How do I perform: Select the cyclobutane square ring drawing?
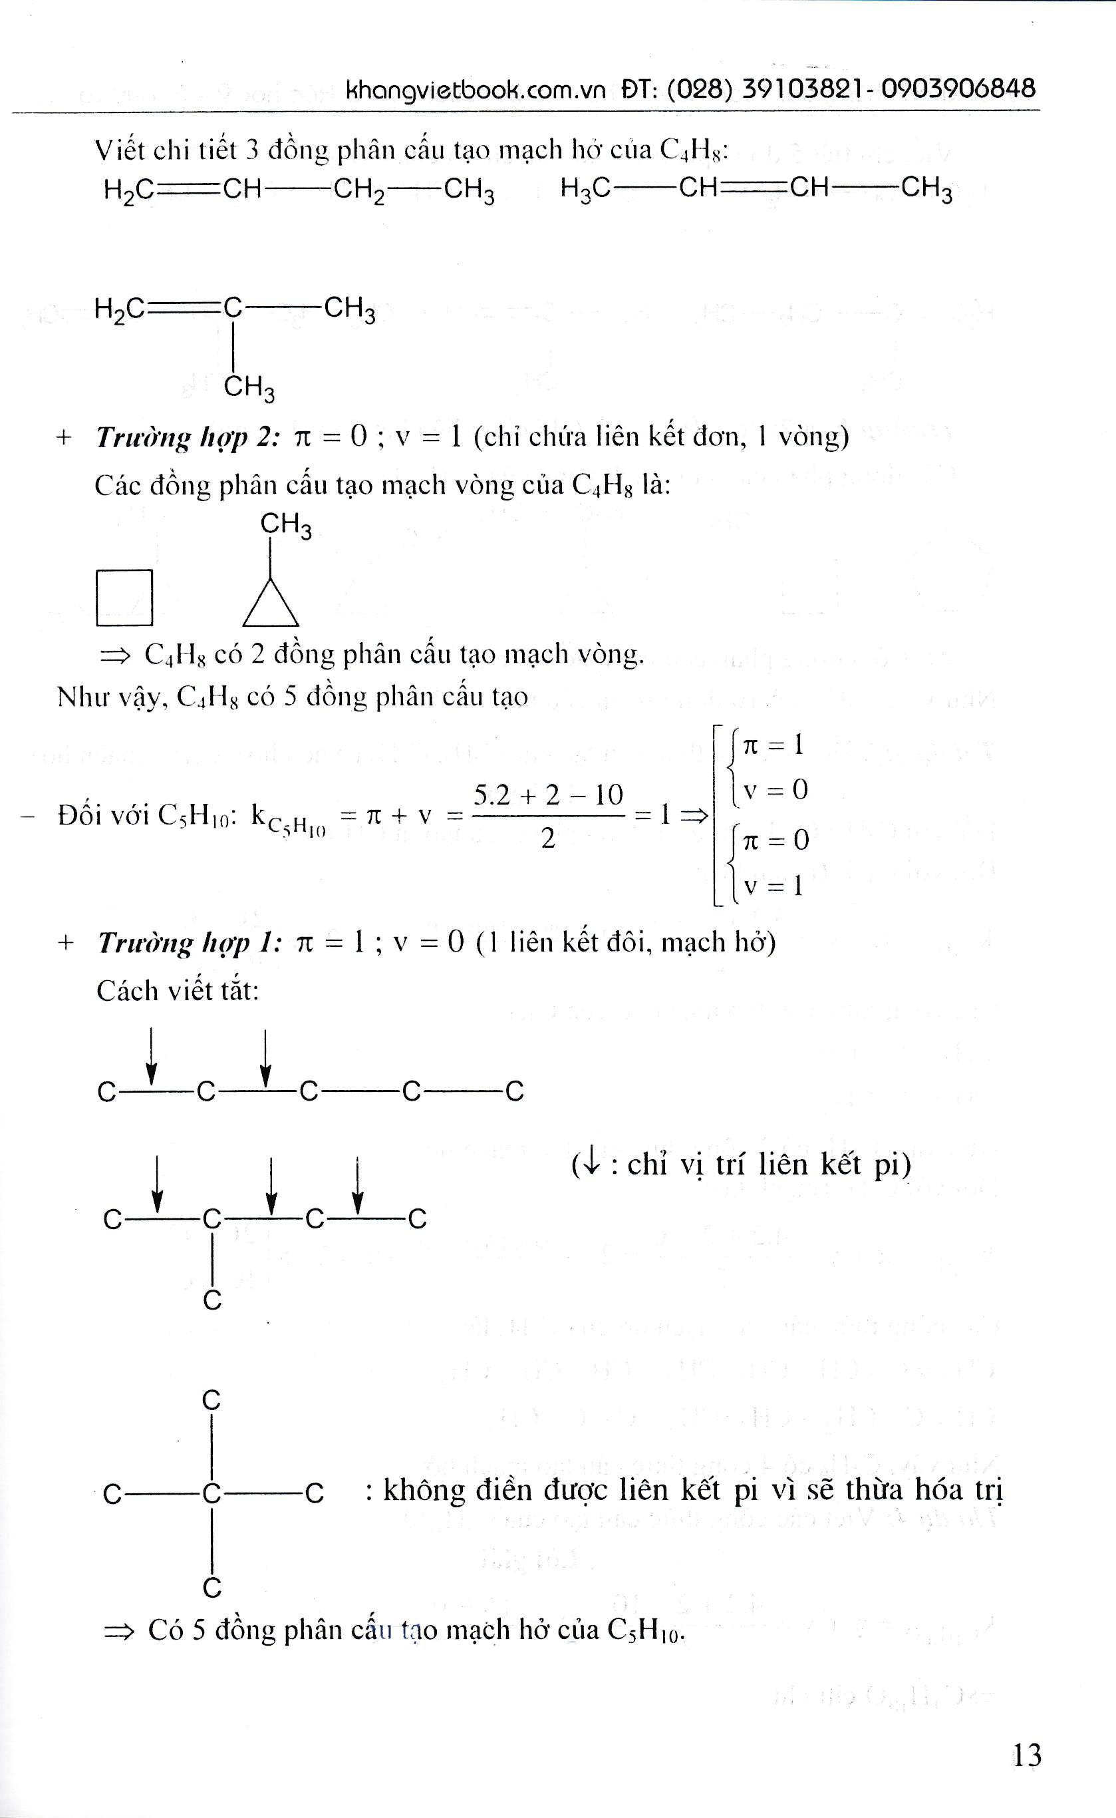pyautogui.click(x=124, y=598)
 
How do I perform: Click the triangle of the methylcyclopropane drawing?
pyautogui.click(x=271, y=605)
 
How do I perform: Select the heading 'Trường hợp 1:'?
pyautogui.click(x=190, y=943)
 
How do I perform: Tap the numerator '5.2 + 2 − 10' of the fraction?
pyautogui.click(x=547, y=795)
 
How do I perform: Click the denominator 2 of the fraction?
pyautogui.click(x=547, y=839)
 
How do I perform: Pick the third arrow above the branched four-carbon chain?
pyautogui.click(x=357, y=1184)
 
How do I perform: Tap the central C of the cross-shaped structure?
pyautogui.click(x=212, y=1493)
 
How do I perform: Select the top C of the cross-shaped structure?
pyautogui.click(x=212, y=1399)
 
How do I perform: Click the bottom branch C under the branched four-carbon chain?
pyautogui.click(x=213, y=1300)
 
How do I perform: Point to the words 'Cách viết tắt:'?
pyautogui.click(x=178, y=991)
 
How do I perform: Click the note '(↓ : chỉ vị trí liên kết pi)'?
pyautogui.click(x=741, y=1165)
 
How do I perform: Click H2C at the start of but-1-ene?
pyautogui.click(x=129, y=190)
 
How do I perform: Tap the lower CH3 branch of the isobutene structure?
pyautogui.click(x=249, y=386)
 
